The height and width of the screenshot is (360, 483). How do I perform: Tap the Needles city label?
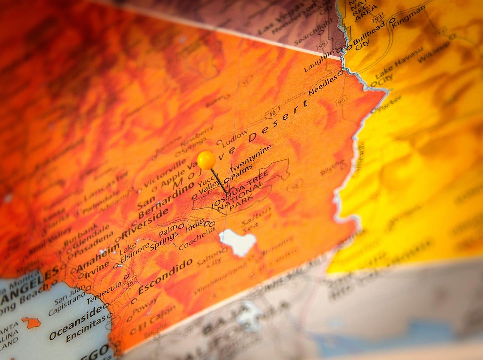323,86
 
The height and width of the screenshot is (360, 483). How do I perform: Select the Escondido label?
165,276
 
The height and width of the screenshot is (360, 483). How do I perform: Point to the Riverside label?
145,224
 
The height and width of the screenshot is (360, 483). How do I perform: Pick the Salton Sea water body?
237,241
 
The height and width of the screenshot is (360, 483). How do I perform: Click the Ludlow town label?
235,137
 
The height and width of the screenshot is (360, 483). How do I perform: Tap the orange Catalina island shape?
32,322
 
